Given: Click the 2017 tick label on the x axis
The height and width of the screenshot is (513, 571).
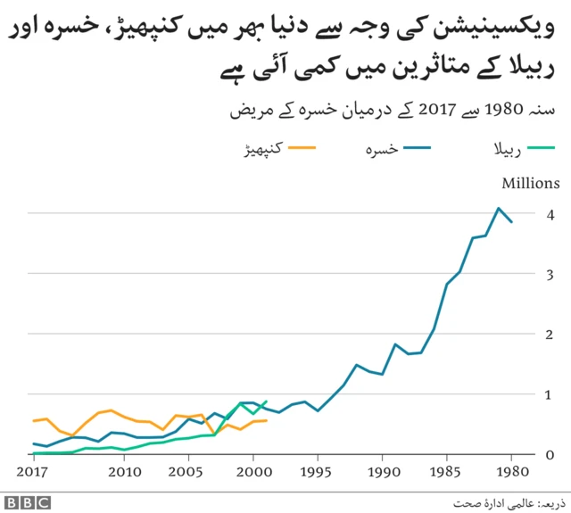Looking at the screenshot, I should tap(34, 471).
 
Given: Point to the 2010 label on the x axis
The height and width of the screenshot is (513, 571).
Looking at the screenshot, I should tap(124, 471).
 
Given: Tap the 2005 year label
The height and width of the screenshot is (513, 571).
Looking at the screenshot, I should tap(188, 471).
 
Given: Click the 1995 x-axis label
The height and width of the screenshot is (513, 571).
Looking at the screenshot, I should tap(318, 471).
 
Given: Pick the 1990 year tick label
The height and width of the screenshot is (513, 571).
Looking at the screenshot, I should tap(382, 471).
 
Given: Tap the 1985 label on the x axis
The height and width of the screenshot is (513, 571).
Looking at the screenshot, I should tap(446, 471).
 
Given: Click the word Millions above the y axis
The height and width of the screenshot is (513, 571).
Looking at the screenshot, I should tap(530, 184).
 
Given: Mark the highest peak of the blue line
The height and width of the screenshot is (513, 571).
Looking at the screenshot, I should tap(499, 208).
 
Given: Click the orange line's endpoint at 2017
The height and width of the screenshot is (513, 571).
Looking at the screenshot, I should tap(34, 420).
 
